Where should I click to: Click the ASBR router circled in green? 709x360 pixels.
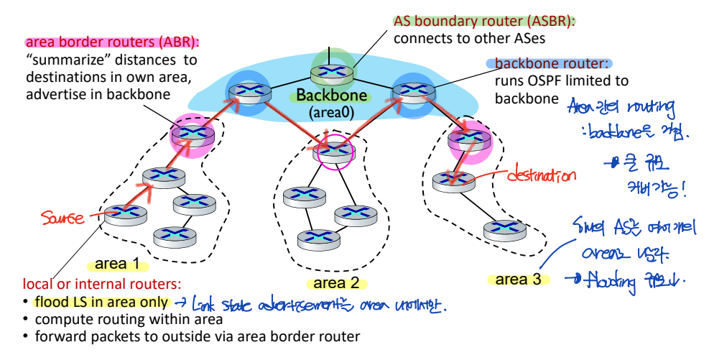click(x=332, y=72)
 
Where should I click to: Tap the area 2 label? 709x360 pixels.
click(x=335, y=283)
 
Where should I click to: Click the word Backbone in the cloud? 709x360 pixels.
click(x=332, y=96)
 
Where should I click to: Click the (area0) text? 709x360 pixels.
click(x=331, y=113)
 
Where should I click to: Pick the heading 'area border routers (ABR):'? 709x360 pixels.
click(x=113, y=42)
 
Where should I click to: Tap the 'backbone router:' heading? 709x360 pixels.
click(x=549, y=64)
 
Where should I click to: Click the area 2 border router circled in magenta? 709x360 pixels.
click(x=334, y=151)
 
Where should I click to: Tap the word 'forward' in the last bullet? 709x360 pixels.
click(x=57, y=336)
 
